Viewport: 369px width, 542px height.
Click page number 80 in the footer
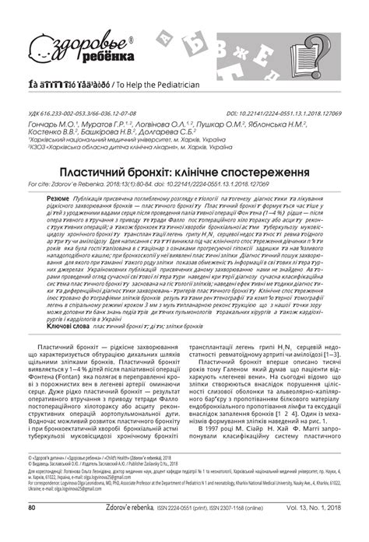[x=33, y=529]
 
